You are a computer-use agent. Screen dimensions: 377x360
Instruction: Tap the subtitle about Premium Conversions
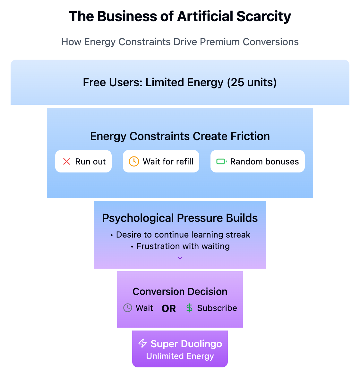coord(180,42)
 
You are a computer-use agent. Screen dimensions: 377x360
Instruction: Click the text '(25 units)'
coord(252,83)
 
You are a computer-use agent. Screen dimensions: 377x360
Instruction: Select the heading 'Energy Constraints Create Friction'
coord(180,136)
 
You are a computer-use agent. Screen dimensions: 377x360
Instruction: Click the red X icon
coord(67,162)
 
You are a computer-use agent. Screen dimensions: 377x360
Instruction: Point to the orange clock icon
coord(134,162)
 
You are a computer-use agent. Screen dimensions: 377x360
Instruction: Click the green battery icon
coord(221,162)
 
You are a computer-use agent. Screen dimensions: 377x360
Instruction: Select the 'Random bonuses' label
coord(264,162)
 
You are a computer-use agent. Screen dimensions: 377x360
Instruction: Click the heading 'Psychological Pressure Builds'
coord(180,218)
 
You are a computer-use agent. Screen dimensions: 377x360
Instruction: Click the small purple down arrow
coord(180,257)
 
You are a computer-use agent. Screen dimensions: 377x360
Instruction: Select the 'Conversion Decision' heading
coord(180,291)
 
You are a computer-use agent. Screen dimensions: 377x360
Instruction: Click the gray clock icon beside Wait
coord(128,308)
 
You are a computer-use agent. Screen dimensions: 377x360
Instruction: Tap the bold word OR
coord(169,308)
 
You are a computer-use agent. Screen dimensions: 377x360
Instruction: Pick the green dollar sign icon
coord(189,308)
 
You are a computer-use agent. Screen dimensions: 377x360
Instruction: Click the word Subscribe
coord(217,308)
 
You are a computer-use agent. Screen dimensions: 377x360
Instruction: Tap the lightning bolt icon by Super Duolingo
coord(142,343)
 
